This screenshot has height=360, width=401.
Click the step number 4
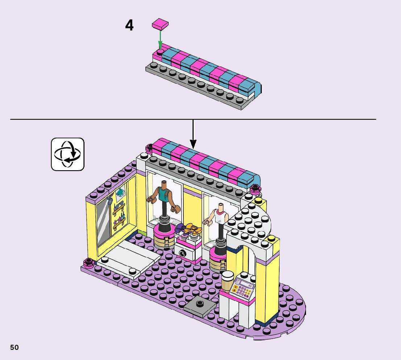[129, 26]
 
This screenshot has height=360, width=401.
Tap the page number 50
[15, 347]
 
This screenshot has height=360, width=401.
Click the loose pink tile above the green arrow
[160, 24]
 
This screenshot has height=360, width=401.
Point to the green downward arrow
[160, 40]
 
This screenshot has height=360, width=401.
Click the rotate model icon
[67, 154]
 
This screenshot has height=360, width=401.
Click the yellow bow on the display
[191, 229]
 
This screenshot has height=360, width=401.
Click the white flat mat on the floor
[130, 258]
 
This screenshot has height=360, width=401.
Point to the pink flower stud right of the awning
[255, 189]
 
